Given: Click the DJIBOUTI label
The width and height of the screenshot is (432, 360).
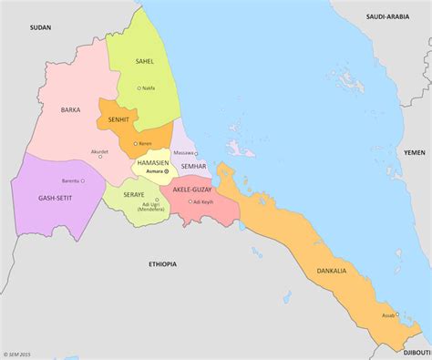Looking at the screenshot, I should click(x=414, y=351).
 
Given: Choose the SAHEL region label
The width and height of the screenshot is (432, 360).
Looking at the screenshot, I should click(x=145, y=61).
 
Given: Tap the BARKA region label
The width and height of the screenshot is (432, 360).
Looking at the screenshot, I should click(x=70, y=110).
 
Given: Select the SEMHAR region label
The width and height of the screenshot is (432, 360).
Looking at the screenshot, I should click(x=194, y=168).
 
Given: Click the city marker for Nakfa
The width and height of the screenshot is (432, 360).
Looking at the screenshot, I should click(x=139, y=87).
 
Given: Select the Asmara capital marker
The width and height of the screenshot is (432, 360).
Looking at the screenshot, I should click(x=167, y=171).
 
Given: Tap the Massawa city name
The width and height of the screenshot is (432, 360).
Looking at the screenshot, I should click(x=184, y=151).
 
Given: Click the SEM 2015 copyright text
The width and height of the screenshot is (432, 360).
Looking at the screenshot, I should click(x=18, y=354).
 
